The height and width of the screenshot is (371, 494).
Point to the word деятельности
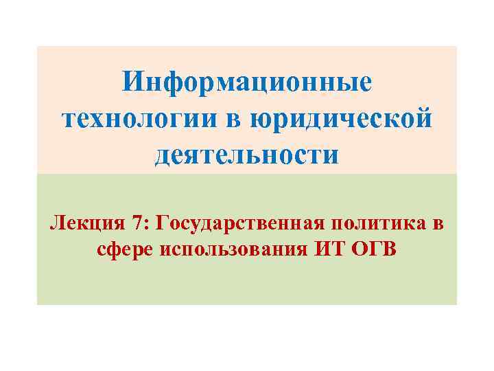pos(247,154)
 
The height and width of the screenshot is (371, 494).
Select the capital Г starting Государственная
pos(163,223)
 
